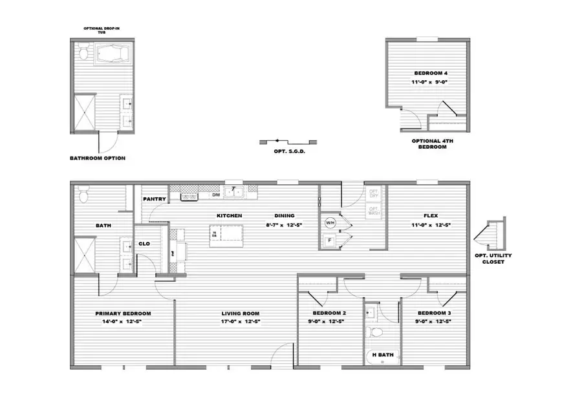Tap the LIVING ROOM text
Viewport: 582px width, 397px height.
click(x=235, y=314)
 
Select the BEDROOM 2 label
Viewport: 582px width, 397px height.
click(x=325, y=314)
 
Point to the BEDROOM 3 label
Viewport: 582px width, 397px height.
click(x=432, y=314)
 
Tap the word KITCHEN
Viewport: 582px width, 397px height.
click(x=229, y=215)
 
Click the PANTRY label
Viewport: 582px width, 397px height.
click(x=155, y=199)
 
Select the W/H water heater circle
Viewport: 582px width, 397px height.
click(x=330, y=223)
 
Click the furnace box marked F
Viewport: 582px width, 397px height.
click(x=330, y=241)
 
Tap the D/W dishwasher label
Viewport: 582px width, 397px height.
click(x=216, y=195)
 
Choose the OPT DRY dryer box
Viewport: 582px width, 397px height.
click(x=374, y=193)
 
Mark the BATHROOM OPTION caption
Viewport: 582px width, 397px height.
click(x=98, y=158)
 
